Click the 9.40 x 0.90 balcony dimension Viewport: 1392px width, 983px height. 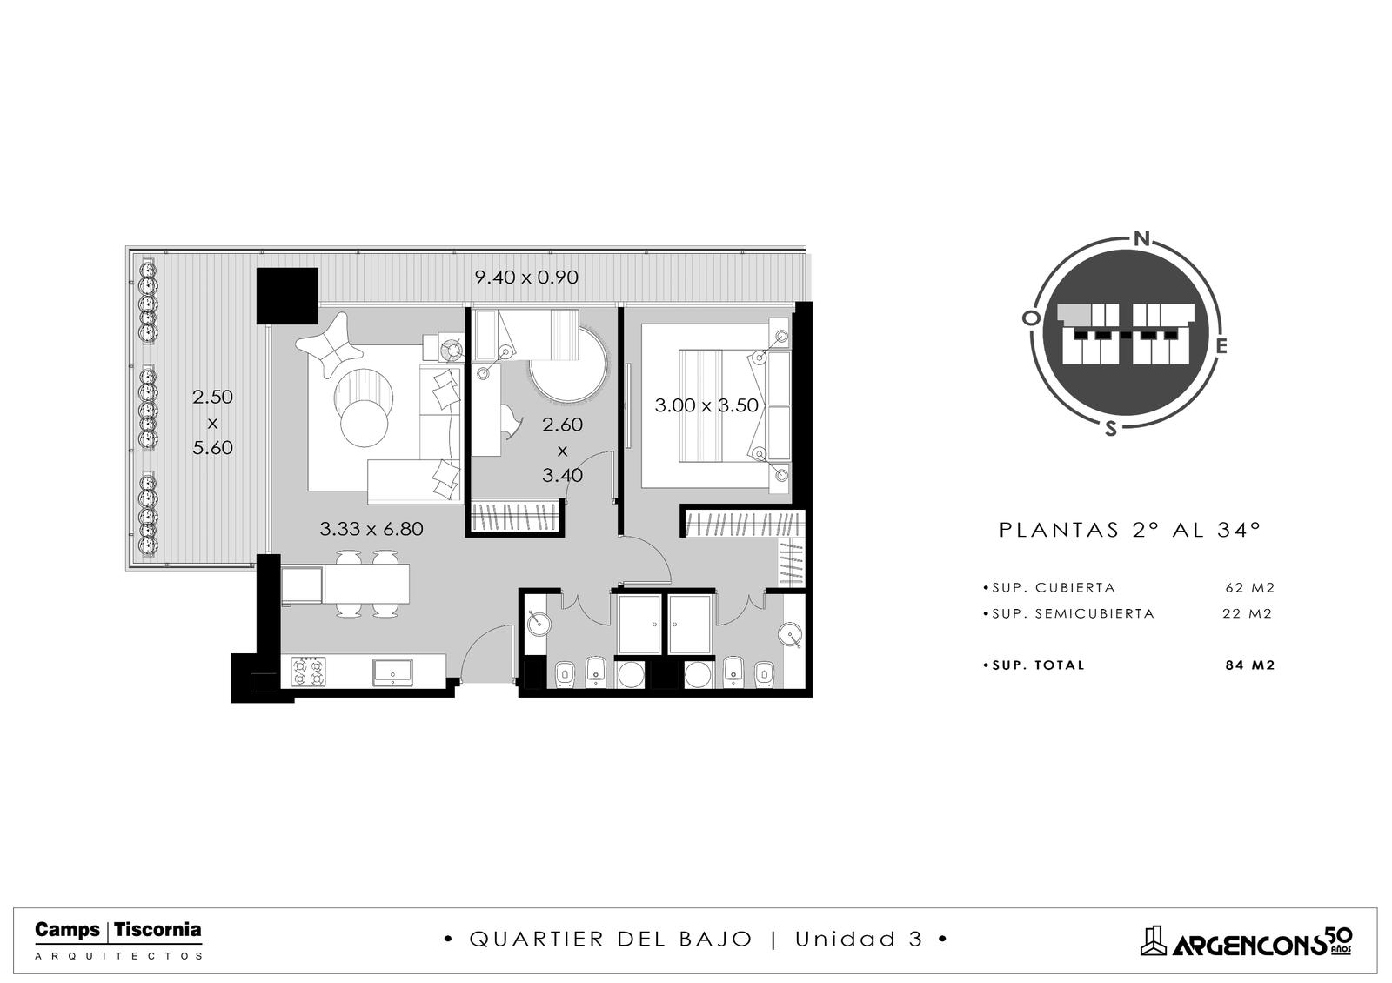526,278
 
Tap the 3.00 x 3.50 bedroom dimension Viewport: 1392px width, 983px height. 706,405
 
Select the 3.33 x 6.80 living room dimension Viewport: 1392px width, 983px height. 371,529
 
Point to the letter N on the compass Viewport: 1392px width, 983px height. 1141,238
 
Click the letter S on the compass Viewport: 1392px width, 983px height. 1110,428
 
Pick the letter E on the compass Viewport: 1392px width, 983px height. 1221,346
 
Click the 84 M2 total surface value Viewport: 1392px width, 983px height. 1249,665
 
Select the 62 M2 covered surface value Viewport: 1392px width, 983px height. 1249,587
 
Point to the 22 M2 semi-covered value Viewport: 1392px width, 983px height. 1248,613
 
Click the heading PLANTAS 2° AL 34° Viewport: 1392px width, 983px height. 1130,530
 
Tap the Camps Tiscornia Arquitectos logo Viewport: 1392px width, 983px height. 118,940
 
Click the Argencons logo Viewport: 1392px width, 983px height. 1246,942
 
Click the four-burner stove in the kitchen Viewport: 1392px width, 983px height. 308,672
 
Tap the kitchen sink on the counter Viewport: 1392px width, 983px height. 392,672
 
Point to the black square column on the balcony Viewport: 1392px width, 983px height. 288,296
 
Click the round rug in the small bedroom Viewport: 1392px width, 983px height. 569,366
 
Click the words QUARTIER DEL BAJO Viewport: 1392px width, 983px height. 611,939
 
